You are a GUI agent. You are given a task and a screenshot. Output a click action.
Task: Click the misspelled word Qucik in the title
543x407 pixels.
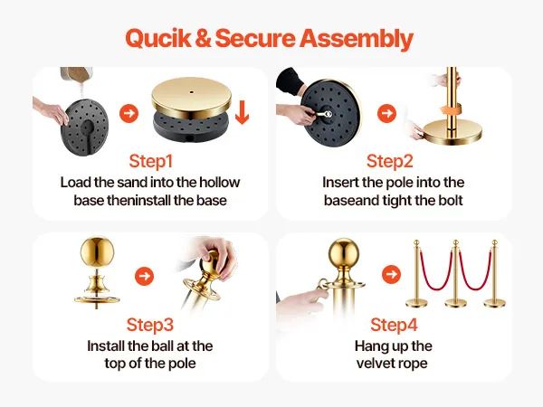click(x=157, y=38)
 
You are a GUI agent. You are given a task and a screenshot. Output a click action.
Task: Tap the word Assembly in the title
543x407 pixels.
click(x=357, y=39)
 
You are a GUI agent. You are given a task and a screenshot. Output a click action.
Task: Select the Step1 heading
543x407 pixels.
click(x=150, y=161)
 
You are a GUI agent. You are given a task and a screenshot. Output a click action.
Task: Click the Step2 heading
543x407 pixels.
click(x=390, y=161)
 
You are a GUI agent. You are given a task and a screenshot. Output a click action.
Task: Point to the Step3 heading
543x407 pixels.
click(x=150, y=325)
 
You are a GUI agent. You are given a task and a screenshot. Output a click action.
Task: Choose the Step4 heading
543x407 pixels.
click(x=394, y=325)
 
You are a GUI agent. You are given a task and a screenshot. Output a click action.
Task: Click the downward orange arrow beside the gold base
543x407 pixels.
click(x=242, y=112)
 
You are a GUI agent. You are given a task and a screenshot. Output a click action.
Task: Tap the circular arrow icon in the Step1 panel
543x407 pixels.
click(x=129, y=113)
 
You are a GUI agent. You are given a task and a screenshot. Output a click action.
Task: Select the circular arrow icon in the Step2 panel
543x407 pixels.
click(x=386, y=113)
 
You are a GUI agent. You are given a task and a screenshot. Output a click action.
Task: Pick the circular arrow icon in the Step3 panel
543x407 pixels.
click(x=145, y=276)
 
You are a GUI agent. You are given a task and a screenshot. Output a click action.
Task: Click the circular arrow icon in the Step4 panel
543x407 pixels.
click(x=391, y=274)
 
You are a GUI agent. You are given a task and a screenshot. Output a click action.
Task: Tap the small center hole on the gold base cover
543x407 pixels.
click(x=192, y=92)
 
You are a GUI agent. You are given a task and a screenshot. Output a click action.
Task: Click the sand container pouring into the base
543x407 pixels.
click(x=76, y=75)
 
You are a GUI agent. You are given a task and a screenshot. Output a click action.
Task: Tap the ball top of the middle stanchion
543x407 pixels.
click(x=456, y=242)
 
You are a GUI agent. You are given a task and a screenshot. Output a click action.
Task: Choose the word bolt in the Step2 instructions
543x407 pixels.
click(x=450, y=201)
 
